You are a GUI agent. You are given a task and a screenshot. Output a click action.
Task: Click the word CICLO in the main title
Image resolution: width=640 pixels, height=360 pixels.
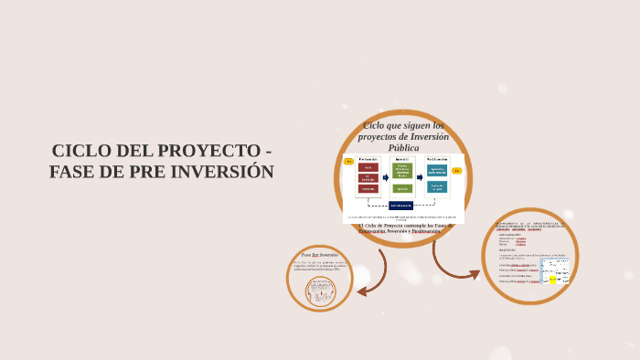click(x=80, y=151)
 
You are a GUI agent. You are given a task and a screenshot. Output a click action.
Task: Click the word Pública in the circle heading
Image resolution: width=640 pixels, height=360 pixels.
click(x=403, y=148)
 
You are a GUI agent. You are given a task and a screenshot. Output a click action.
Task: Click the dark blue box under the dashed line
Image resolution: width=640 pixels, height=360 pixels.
click(x=400, y=206)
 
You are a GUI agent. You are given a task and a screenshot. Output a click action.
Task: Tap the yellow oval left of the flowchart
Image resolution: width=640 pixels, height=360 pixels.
click(x=348, y=162)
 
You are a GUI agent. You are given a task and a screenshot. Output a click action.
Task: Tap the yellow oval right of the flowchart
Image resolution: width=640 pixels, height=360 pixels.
click(x=456, y=171)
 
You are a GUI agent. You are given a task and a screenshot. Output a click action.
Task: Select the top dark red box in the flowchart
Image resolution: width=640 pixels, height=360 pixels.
click(x=368, y=168)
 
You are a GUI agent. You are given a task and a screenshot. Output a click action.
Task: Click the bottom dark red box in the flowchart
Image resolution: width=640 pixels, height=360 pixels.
click(x=368, y=189)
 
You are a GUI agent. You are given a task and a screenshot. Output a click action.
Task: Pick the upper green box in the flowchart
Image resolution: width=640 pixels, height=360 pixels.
click(x=402, y=171)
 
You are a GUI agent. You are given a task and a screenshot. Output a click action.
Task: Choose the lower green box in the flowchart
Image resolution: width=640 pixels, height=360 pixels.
click(x=402, y=189)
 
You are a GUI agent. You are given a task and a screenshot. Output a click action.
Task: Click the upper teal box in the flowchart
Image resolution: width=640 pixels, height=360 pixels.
click(x=437, y=170)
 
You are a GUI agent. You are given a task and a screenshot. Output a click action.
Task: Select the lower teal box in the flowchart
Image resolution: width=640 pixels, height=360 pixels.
click(x=437, y=187)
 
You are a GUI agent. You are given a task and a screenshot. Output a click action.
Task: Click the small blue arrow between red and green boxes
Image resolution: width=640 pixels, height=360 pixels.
click(x=385, y=177)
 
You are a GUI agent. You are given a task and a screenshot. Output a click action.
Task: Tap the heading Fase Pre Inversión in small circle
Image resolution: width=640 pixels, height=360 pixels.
click(x=320, y=255)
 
